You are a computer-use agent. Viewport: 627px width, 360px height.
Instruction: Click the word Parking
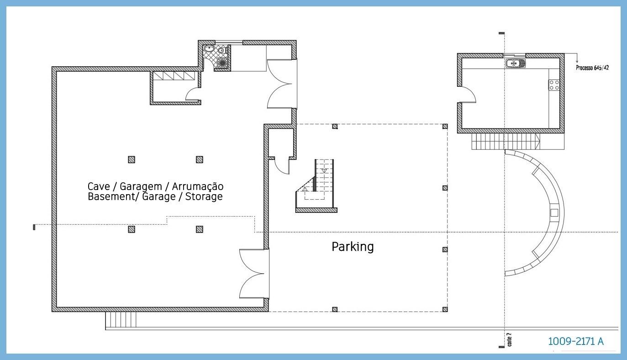click(352, 247)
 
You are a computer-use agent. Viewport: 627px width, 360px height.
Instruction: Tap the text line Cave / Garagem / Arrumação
click(155, 186)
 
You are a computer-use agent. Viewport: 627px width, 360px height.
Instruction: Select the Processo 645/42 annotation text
click(592, 68)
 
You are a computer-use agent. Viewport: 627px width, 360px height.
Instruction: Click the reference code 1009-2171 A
click(575, 341)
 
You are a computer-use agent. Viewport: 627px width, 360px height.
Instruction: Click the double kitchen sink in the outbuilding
click(516, 63)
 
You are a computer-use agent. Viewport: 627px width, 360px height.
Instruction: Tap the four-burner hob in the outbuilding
click(554, 85)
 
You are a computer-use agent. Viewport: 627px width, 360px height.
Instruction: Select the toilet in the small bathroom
click(222, 51)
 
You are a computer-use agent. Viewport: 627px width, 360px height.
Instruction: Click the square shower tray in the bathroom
click(222, 63)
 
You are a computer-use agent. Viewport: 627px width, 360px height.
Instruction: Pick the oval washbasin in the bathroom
click(209, 48)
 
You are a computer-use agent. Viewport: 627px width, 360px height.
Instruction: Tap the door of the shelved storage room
click(193, 95)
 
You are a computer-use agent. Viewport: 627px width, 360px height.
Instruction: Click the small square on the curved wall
click(554, 212)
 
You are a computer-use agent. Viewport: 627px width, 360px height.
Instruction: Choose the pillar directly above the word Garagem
click(132, 159)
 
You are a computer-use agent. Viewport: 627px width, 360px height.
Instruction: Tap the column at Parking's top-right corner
click(445, 127)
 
